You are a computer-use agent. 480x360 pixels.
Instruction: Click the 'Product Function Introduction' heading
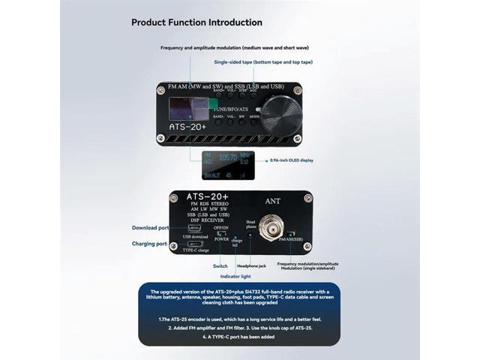pyautogui.click(x=196, y=22)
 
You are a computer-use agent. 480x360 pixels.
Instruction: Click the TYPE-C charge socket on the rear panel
pyautogui.click(x=194, y=244)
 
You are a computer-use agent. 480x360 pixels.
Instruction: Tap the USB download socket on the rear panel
pyautogui.click(x=194, y=227)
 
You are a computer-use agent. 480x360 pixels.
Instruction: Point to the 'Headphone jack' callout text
pyautogui.click(x=252, y=266)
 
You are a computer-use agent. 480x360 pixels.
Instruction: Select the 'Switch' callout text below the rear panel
pyautogui.click(x=220, y=266)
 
